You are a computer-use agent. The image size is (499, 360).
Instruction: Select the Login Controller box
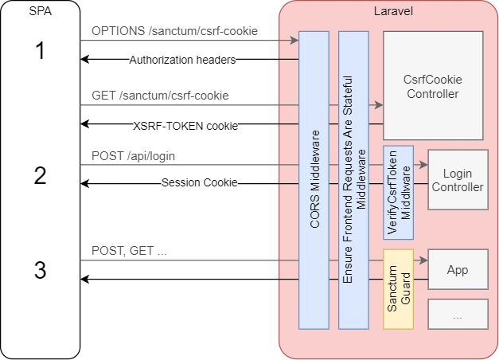click(457, 179)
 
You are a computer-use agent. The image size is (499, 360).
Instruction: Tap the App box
click(457, 269)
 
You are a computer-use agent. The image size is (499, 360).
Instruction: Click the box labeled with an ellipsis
click(457, 314)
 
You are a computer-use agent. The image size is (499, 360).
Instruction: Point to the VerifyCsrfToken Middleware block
click(398, 192)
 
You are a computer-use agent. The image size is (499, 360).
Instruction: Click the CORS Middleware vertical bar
click(313, 180)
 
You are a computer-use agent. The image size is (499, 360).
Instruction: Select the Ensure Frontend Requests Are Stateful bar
click(353, 180)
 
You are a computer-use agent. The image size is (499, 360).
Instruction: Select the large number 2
click(40, 175)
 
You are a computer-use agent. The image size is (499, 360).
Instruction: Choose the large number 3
click(40, 269)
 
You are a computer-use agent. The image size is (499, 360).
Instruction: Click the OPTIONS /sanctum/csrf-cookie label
click(174, 31)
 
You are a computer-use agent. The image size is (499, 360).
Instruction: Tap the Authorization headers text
click(182, 60)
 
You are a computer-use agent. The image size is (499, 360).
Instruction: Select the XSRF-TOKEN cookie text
click(185, 124)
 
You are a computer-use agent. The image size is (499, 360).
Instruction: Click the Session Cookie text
click(199, 183)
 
